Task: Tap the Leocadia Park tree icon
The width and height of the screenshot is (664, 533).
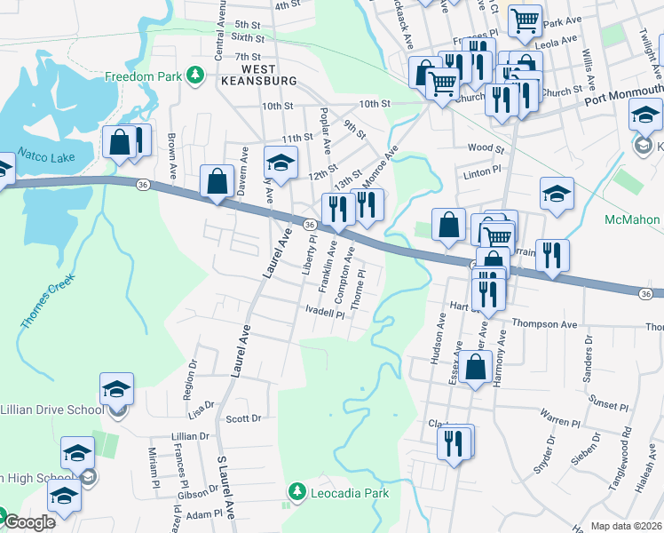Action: pos(296,491)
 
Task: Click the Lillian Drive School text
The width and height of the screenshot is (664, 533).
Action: pos(51,410)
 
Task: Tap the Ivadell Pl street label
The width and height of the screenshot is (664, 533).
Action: pos(324,313)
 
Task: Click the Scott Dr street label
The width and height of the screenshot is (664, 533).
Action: pos(242,418)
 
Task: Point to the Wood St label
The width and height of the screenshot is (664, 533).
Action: pos(486,149)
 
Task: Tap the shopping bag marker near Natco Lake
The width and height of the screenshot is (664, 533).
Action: pos(119,143)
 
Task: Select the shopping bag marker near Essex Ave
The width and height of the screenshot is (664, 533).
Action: pos(476,368)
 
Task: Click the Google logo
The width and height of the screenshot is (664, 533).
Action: pos(29,522)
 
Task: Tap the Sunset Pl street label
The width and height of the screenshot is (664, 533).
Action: pos(609,405)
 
